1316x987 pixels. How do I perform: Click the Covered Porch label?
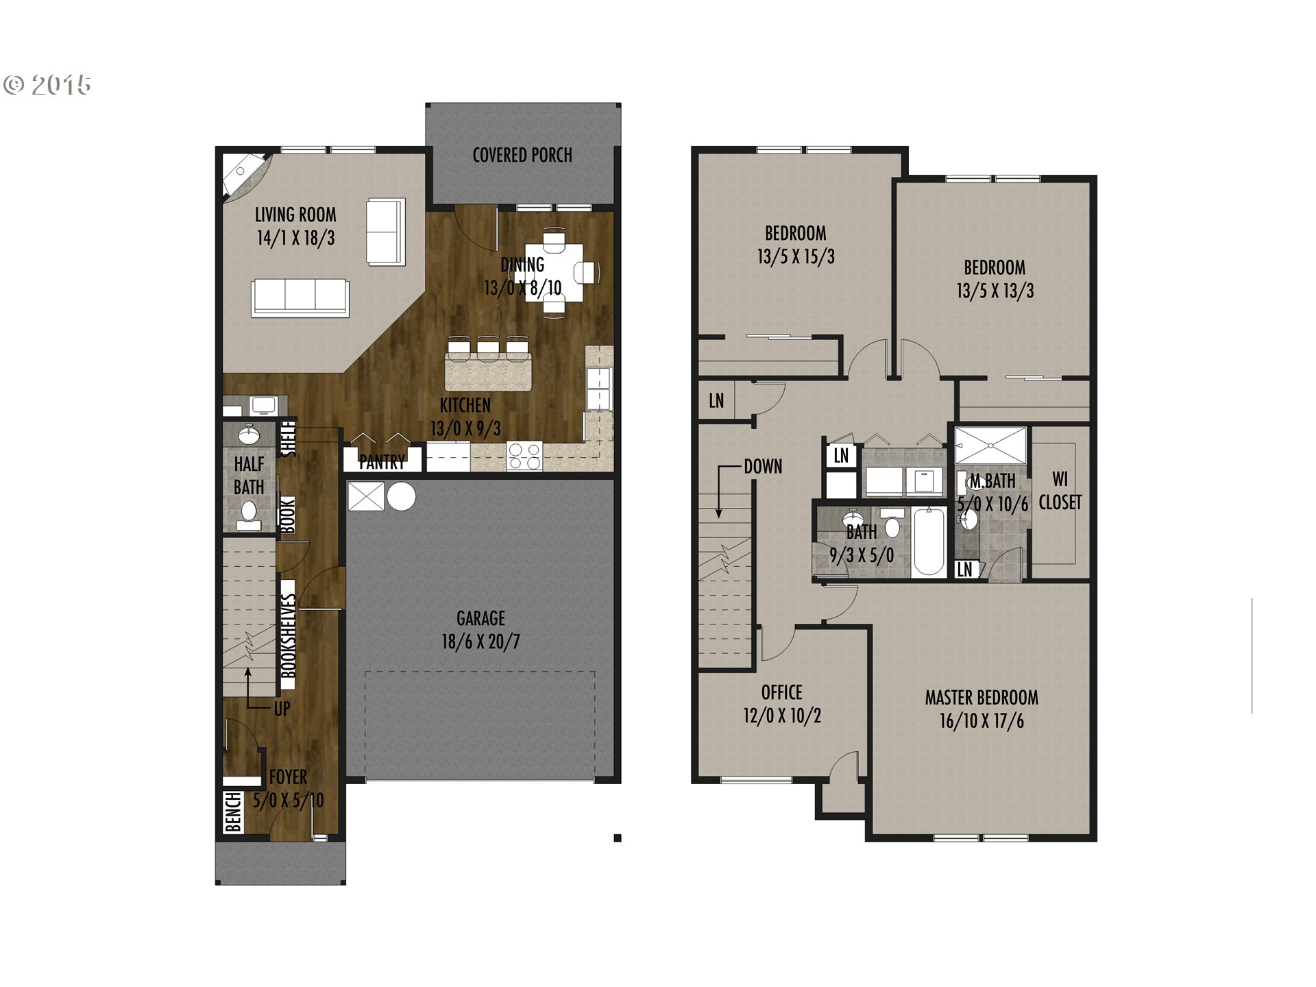coord(522,155)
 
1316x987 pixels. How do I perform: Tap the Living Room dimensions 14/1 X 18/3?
coord(295,238)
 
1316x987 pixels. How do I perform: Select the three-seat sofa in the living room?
coord(300,297)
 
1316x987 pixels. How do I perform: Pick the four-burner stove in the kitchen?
coord(524,456)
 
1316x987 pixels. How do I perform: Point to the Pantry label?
coord(382,463)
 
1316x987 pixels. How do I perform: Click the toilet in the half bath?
coord(249,515)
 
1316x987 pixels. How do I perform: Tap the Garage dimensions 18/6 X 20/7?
coord(480,642)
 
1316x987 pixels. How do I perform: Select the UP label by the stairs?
coord(282,709)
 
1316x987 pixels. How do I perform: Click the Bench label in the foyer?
coord(233,812)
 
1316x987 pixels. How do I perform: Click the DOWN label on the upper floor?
coord(763,467)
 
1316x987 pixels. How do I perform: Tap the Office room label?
coord(781,692)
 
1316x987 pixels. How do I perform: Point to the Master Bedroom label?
coord(982,698)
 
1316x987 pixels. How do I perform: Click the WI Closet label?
coord(1060,491)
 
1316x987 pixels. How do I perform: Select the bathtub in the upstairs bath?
coord(929,541)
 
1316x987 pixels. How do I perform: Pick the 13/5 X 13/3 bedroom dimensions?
coord(995,291)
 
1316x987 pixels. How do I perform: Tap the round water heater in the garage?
coord(401,497)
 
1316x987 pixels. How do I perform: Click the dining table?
coord(554,272)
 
